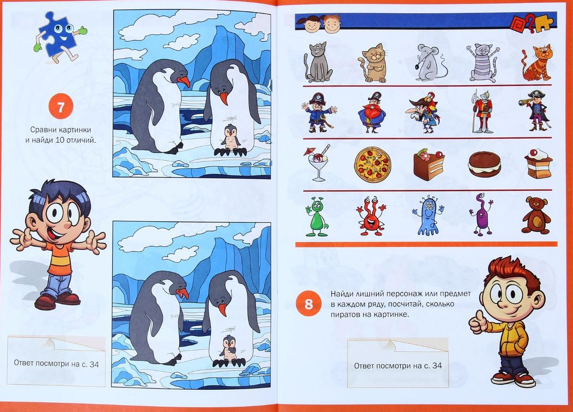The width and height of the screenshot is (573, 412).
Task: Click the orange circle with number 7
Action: pyautogui.click(x=61, y=106)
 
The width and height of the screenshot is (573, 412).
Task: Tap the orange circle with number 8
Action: pyautogui.click(x=309, y=304)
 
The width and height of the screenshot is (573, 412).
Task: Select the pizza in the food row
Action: pyautogui.click(x=373, y=163)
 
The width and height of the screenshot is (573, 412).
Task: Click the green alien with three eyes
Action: pyautogui.click(x=317, y=216)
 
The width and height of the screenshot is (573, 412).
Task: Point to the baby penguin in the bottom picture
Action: pyautogui.click(x=230, y=348)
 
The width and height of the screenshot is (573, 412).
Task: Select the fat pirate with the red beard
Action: pyautogui.click(x=372, y=112)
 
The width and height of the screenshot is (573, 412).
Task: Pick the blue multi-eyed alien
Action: pyautogui.click(x=427, y=215)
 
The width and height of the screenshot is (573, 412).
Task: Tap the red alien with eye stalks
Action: pyautogui.click(x=370, y=216)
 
